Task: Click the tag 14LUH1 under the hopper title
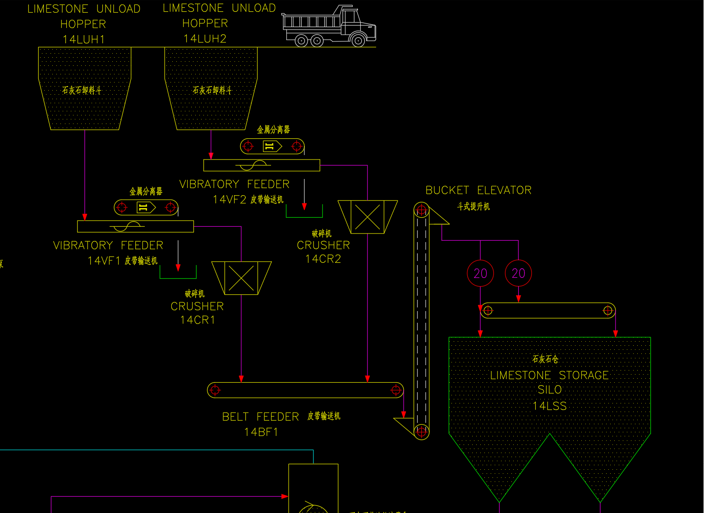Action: pos(84,40)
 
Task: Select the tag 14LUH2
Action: pos(205,39)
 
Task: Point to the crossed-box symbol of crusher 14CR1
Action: pos(241,278)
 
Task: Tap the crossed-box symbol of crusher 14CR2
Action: pos(368,217)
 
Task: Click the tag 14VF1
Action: pos(104,261)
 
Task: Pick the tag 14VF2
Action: pos(230,200)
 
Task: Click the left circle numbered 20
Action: pos(480,273)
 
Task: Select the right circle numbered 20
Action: pos(518,273)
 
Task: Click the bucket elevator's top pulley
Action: pos(422,210)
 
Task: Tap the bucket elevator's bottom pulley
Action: pos(422,431)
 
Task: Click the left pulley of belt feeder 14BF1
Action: pos(215,390)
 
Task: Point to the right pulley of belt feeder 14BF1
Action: pos(396,390)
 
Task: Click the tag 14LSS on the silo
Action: pos(549,406)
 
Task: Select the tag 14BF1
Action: pos(261,432)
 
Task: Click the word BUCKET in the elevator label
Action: pos(447,190)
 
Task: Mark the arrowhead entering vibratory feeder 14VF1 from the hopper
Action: pos(85,217)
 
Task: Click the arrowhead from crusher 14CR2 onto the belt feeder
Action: pos(368,379)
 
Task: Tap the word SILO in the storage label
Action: pos(549,390)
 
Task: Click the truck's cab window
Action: pos(350,17)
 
